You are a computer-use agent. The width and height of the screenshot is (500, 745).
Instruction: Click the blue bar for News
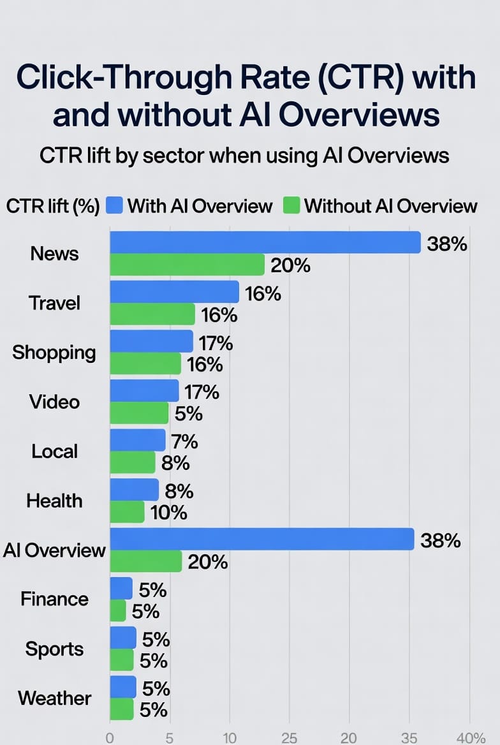coord(265,242)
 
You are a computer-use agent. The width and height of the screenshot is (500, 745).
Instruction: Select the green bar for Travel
coord(152,314)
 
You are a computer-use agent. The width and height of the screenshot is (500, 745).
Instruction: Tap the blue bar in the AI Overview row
coord(262,540)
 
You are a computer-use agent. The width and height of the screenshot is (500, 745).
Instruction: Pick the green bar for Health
coord(127,512)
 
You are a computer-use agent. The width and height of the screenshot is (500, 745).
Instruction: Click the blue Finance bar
coord(121,588)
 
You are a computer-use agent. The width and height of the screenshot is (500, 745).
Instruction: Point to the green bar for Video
coord(139,413)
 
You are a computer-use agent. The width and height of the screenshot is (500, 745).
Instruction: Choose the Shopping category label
coord(54,352)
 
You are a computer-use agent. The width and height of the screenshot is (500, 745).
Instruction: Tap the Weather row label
coord(55,698)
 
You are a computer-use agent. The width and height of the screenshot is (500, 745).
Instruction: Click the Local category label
coord(54,452)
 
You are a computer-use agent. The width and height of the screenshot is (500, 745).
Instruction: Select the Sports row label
coord(54,649)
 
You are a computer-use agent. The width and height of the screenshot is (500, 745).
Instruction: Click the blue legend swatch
coord(115,205)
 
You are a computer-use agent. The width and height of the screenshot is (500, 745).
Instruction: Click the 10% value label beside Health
coord(169,512)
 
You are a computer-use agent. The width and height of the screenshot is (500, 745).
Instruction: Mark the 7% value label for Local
coord(184,441)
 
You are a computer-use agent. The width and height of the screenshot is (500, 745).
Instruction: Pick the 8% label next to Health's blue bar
coord(179,491)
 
